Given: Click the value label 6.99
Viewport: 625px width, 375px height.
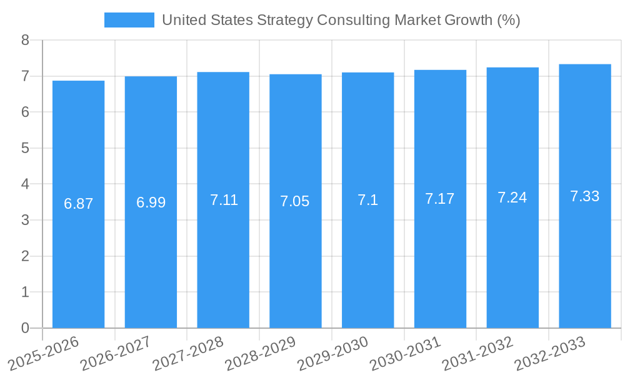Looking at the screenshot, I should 151,202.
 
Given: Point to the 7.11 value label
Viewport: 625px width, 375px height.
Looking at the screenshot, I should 224,200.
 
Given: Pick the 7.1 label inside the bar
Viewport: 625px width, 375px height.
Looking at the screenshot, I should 367,200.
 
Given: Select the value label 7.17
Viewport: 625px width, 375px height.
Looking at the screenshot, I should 440,199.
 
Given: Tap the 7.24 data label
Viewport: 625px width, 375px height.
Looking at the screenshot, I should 512,197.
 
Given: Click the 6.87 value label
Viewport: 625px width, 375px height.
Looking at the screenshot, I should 79,204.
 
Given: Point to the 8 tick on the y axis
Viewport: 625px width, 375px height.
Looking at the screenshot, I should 25,41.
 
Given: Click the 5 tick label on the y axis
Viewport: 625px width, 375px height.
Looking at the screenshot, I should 25,149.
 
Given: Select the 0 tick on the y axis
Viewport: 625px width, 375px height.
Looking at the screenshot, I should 25,328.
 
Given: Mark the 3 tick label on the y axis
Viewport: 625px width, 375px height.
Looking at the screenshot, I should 25,221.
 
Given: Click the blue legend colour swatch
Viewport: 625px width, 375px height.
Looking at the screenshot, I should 129,20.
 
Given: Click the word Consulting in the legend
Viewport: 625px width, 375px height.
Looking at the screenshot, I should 353,20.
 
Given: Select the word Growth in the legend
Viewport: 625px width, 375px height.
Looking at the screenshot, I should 461,20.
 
